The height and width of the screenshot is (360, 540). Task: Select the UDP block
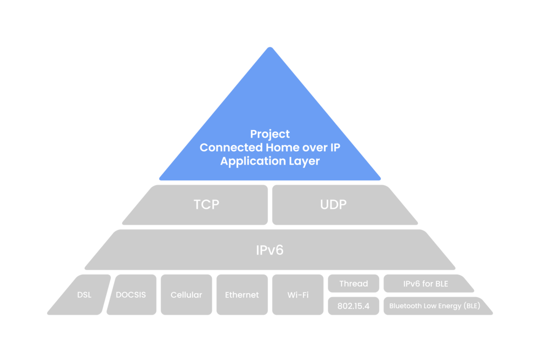333,205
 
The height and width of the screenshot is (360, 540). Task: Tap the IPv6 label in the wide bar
269,250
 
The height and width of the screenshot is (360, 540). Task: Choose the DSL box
84,295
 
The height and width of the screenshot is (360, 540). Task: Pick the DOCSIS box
131,295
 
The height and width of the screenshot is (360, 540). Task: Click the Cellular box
186,295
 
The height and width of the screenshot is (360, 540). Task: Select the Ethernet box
241,295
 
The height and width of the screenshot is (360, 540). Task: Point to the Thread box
354,284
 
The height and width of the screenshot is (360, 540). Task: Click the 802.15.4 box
354,305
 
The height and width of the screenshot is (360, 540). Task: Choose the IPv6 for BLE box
426,284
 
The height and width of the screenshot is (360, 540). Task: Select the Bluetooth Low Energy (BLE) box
434,305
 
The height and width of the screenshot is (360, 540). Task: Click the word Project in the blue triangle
270,134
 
